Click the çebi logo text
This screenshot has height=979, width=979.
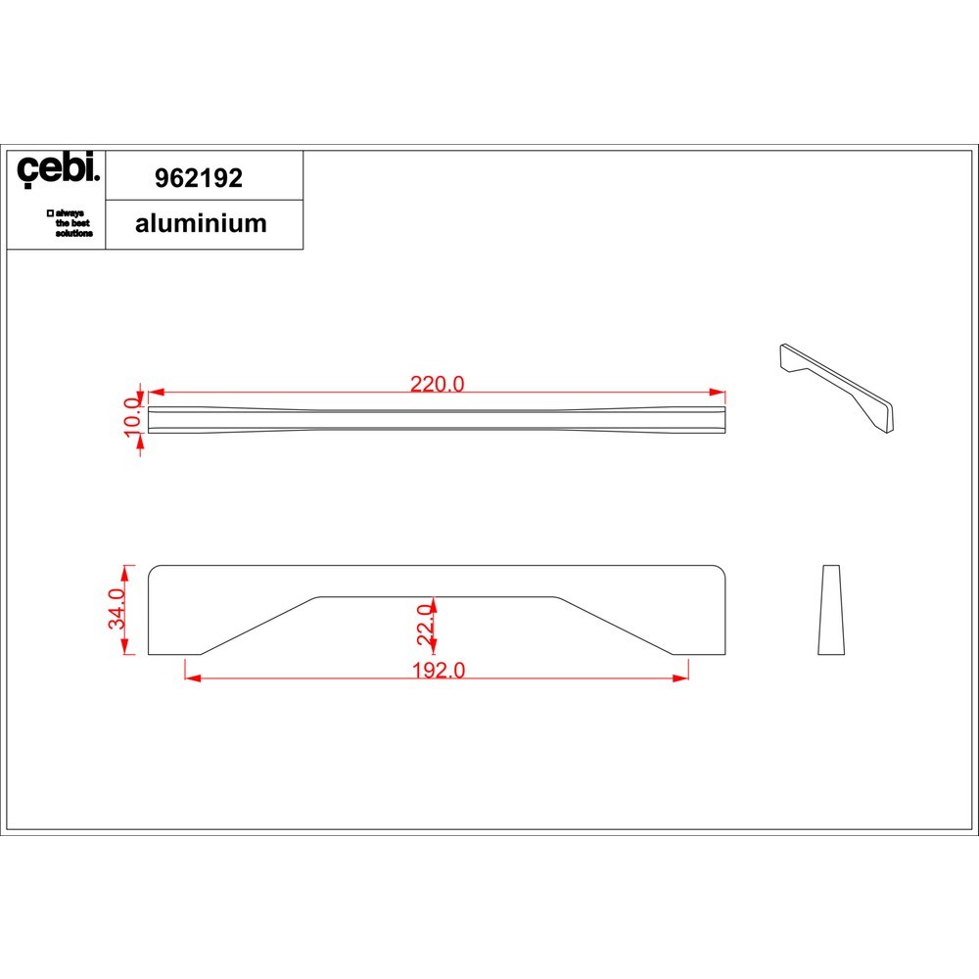click(58, 168)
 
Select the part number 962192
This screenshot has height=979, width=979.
click(199, 178)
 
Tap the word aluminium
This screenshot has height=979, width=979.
click(201, 223)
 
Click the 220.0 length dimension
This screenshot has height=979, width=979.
click(437, 384)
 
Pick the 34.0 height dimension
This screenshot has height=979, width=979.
click(117, 609)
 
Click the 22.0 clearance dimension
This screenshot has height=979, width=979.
click(425, 625)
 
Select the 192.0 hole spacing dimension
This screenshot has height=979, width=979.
click(439, 670)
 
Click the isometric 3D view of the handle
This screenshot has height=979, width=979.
click(837, 388)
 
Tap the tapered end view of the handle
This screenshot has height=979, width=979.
click(831, 610)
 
